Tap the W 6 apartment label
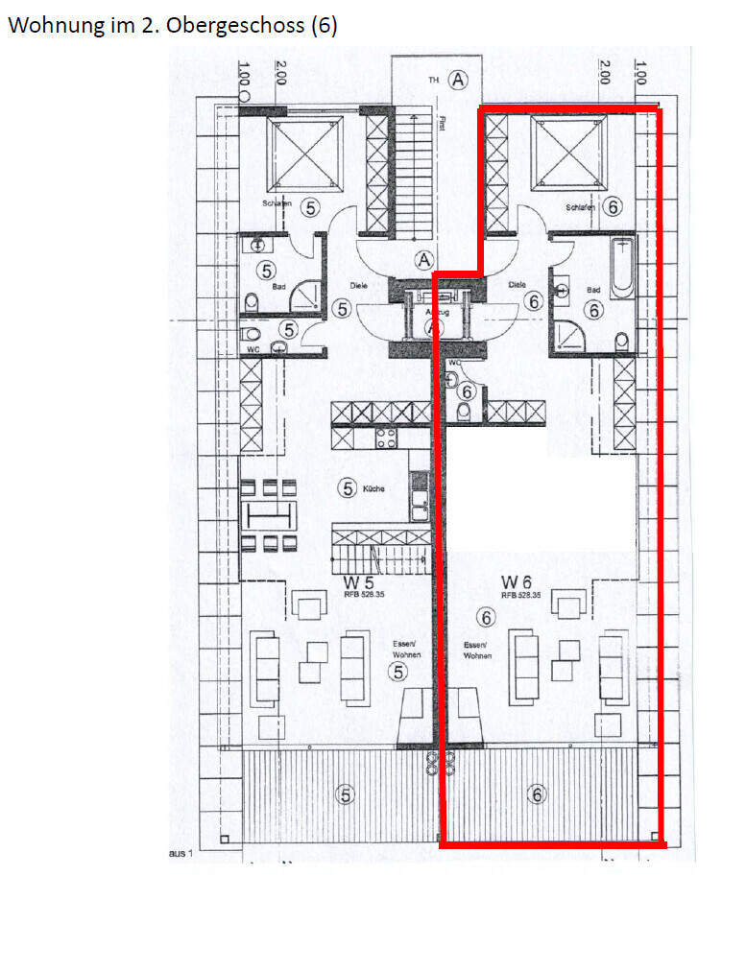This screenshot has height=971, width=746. [x=515, y=582]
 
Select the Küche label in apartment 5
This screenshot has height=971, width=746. [x=374, y=489]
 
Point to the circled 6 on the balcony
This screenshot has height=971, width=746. [x=538, y=794]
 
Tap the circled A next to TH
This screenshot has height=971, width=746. [x=459, y=80]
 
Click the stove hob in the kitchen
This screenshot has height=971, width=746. [x=386, y=438]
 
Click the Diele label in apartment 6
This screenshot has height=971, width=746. [x=518, y=285]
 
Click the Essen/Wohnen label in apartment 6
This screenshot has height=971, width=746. [x=476, y=650]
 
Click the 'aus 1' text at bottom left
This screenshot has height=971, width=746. [x=180, y=853]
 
